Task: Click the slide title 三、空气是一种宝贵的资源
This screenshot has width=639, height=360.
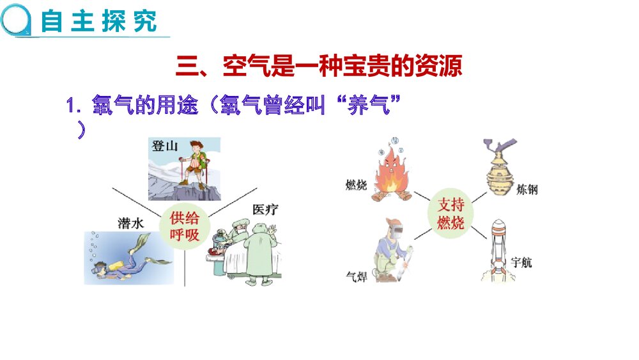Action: click(319, 66)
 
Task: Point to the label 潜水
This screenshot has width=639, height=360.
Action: click(132, 223)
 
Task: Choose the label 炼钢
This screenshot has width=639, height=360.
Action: click(525, 189)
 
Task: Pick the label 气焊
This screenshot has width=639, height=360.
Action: click(357, 276)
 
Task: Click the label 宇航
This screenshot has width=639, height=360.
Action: click(522, 263)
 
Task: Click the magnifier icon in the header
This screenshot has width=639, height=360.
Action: click(15, 20)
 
